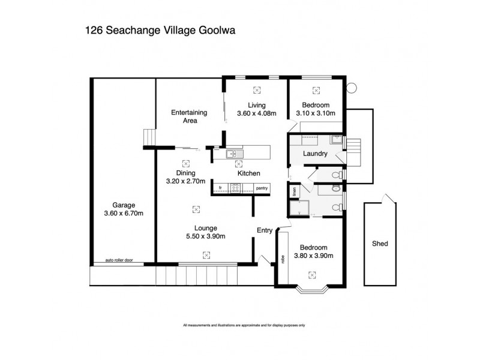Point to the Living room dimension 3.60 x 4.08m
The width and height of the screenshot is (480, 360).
[256, 113]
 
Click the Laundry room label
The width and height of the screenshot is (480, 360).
[315, 154]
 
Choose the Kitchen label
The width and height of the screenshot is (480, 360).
[248, 173]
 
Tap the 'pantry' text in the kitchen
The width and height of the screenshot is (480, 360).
[262, 188]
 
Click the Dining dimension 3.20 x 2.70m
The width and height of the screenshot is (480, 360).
[185, 181]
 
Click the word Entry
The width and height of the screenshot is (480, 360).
[265, 230]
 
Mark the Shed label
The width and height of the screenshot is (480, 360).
[380, 244]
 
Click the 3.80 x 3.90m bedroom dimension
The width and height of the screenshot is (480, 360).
[313, 256]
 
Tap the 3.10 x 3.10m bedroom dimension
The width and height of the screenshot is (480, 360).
[316, 113]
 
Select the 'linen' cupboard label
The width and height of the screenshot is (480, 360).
[294, 193]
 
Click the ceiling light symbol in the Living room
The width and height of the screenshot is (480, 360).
[257, 90]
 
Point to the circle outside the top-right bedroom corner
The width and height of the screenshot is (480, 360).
[352, 87]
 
